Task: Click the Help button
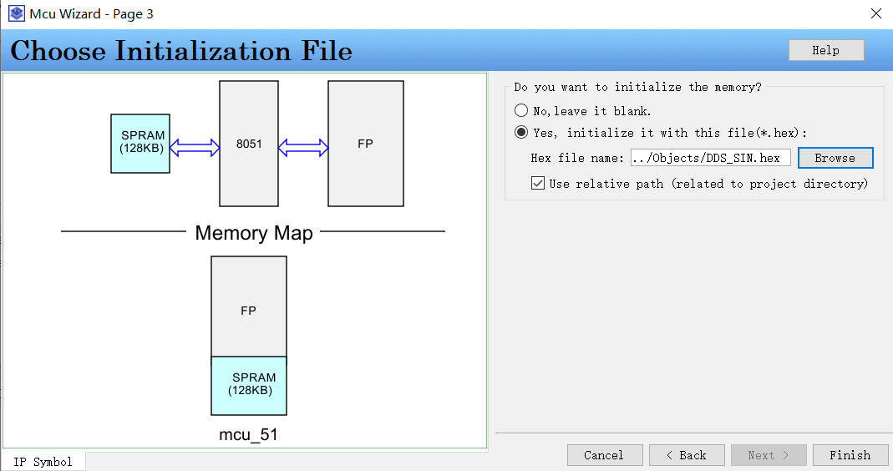[x=825, y=50]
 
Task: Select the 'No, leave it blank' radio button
[x=521, y=110]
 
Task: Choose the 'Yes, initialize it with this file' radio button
[x=521, y=132]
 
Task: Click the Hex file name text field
[x=709, y=158]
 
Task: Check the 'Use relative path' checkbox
[x=539, y=183]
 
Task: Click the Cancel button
[x=604, y=455]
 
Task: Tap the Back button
[x=685, y=455]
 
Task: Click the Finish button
[x=850, y=455]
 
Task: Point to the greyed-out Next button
[x=768, y=455]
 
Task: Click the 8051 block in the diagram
[x=249, y=144]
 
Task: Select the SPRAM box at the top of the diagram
[x=140, y=144]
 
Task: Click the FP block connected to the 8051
[x=365, y=144]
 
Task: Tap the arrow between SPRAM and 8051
[x=195, y=148]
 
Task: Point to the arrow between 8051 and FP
[x=303, y=148]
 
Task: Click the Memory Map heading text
[x=253, y=233]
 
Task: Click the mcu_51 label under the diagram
[x=248, y=435]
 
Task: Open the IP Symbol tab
[x=43, y=462]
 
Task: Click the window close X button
[x=875, y=13]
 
